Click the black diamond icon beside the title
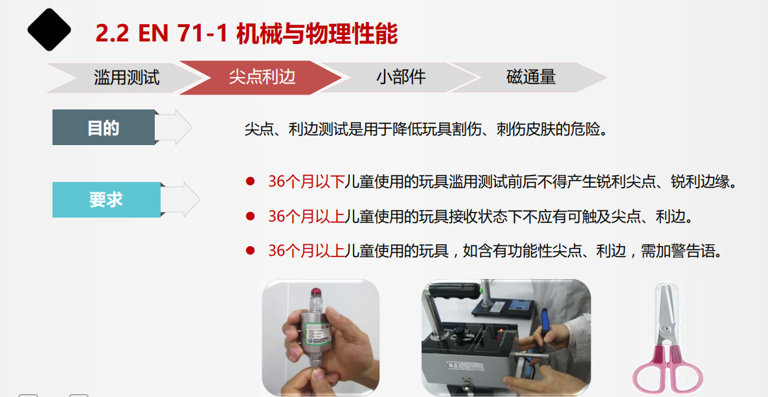click(49, 29)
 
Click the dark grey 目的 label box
click(104, 128)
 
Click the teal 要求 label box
click(106, 199)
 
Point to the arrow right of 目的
click(174, 128)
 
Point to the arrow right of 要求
click(180, 199)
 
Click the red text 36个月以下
click(306, 182)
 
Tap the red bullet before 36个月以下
click(251, 182)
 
